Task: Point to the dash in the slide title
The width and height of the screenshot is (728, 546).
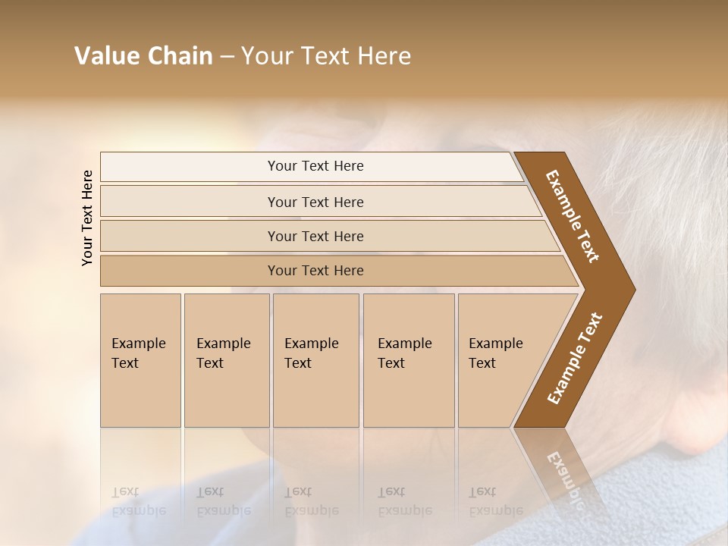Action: pyautogui.click(x=227, y=57)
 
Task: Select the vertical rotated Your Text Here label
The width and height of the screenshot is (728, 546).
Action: pyautogui.click(x=87, y=218)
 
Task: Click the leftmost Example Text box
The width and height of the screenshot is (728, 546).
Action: pyautogui.click(x=140, y=360)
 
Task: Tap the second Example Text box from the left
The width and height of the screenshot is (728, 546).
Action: pyautogui.click(x=226, y=360)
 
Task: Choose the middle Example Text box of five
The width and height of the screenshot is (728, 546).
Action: pyautogui.click(x=315, y=360)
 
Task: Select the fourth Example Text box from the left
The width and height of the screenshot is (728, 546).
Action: pyautogui.click(x=409, y=360)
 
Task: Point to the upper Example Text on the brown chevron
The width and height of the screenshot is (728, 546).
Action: pyautogui.click(x=573, y=216)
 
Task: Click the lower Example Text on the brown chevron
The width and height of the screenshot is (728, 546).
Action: pyautogui.click(x=574, y=358)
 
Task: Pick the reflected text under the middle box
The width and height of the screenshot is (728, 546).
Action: pyautogui.click(x=311, y=501)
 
